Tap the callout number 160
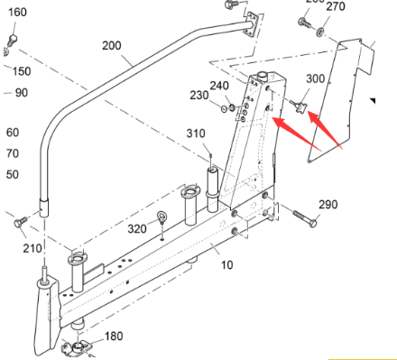[x=17, y=13]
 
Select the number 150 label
[x=20, y=71]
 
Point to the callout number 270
[x=335, y=7]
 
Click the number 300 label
[x=315, y=79]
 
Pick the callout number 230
[x=198, y=95]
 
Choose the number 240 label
[x=219, y=86]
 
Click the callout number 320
[x=136, y=228]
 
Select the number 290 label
[x=328, y=205]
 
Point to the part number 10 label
[x=226, y=265]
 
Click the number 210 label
[x=32, y=248]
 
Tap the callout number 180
[x=114, y=337]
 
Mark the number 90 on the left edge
[x=20, y=92]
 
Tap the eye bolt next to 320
[x=162, y=217]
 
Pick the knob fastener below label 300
[x=301, y=108]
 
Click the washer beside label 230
[x=224, y=109]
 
